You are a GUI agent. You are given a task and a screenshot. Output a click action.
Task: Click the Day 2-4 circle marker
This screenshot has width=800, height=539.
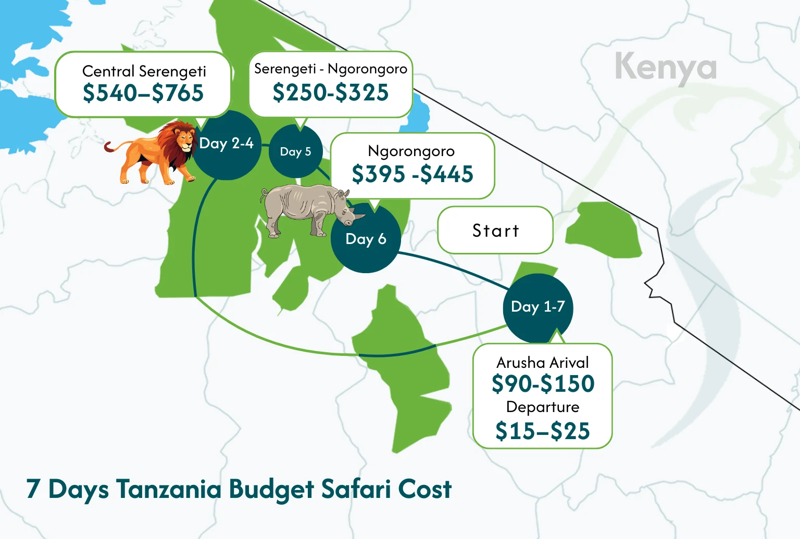[x=227, y=144]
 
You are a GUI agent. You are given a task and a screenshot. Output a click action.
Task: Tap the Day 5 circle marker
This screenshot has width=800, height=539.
[x=295, y=151]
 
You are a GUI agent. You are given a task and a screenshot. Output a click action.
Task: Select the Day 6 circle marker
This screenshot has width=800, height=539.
[x=366, y=239]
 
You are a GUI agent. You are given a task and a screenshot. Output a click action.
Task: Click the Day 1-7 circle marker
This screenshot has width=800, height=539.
[x=537, y=307]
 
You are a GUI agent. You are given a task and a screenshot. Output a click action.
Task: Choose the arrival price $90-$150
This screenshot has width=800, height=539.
[x=543, y=384]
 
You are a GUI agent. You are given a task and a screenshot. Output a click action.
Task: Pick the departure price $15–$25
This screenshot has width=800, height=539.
[x=543, y=431]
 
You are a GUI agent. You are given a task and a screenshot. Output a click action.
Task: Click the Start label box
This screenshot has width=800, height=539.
[x=495, y=230]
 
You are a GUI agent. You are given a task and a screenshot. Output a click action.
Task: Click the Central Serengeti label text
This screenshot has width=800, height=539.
[x=144, y=71]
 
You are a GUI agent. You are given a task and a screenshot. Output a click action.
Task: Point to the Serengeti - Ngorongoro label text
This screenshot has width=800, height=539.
[x=331, y=69]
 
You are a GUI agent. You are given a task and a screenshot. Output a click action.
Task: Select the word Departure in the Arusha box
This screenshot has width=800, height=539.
[x=543, y=407]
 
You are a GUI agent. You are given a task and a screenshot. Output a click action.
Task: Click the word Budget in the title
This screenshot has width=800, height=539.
[x=271, y=490]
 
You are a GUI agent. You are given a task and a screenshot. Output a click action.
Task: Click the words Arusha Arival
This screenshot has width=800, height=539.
[x=543, y=362]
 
